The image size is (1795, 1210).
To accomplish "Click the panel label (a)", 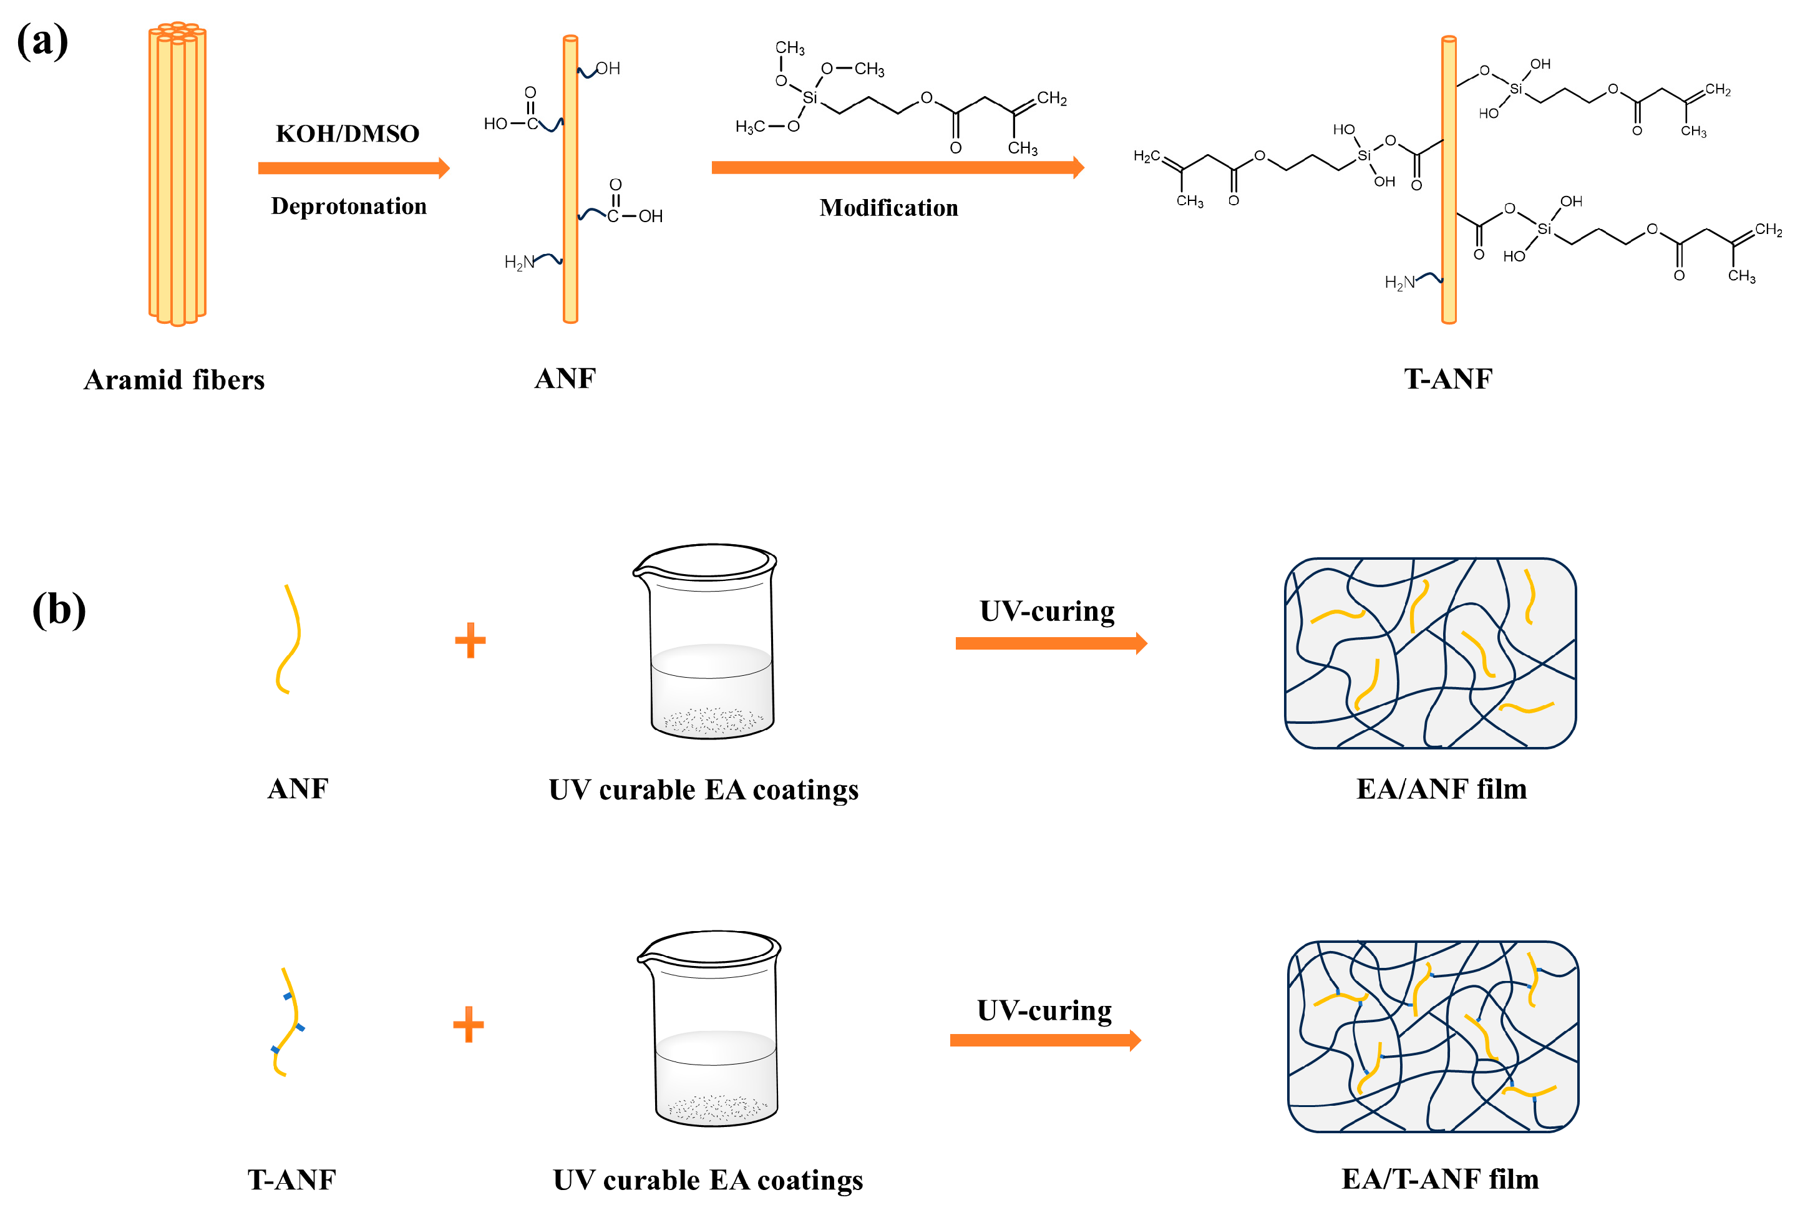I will pyautogui.click(x=42, y=40).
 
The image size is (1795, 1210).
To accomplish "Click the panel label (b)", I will pyautogui.click(x=59, y=609).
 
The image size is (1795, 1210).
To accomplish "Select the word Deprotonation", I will pyautogui.click(x=349, y=206).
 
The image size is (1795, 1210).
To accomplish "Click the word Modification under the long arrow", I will pyautogui.click(x=888, y=208).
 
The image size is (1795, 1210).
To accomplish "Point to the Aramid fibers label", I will pyautogui.click(x=173, y=379).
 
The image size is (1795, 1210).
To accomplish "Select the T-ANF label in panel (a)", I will pyautogui.click(x=1448, y=379).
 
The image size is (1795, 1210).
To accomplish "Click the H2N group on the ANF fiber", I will pyautogui.click(x=518, y=262).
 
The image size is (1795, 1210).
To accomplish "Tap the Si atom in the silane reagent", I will pyautogui.click(x=809, y=97).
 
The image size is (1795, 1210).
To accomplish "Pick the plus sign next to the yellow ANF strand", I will pyautogui.click(x=470, y=640).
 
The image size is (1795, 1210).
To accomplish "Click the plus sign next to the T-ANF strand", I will pyautogui.click(x=468, y=1024).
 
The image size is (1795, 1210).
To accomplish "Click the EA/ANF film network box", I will pyautogui.click(x=1429, y=653).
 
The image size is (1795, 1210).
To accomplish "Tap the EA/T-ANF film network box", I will pyautogui.click(x=1433, y=1036).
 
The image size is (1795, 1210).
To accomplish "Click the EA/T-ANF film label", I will pyautogui.click(x=1440, y=1178).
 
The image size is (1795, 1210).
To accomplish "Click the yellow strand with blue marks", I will pyautogui.click(x=287, y=1021).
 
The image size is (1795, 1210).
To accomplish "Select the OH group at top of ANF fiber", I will pyautogui.click(x=608, y=69).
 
